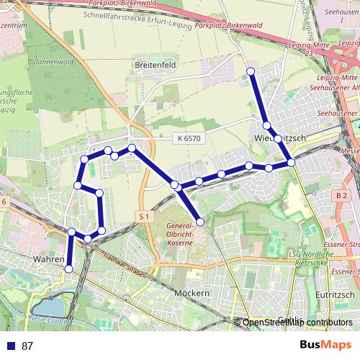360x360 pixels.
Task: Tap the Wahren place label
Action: (50, 257)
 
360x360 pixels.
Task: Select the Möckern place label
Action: (191, 293)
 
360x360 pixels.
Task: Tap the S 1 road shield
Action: (145, 215)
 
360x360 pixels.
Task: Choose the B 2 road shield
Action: (341, 195)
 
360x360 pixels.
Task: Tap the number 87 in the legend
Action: (27, 346)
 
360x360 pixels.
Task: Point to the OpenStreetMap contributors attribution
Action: (297, 323)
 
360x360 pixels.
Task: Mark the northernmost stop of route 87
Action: (251, 71)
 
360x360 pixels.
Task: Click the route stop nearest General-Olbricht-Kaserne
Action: (200, 221)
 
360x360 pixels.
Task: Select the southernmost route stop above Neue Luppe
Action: (69, 269)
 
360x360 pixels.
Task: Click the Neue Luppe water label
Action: (48, 318)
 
